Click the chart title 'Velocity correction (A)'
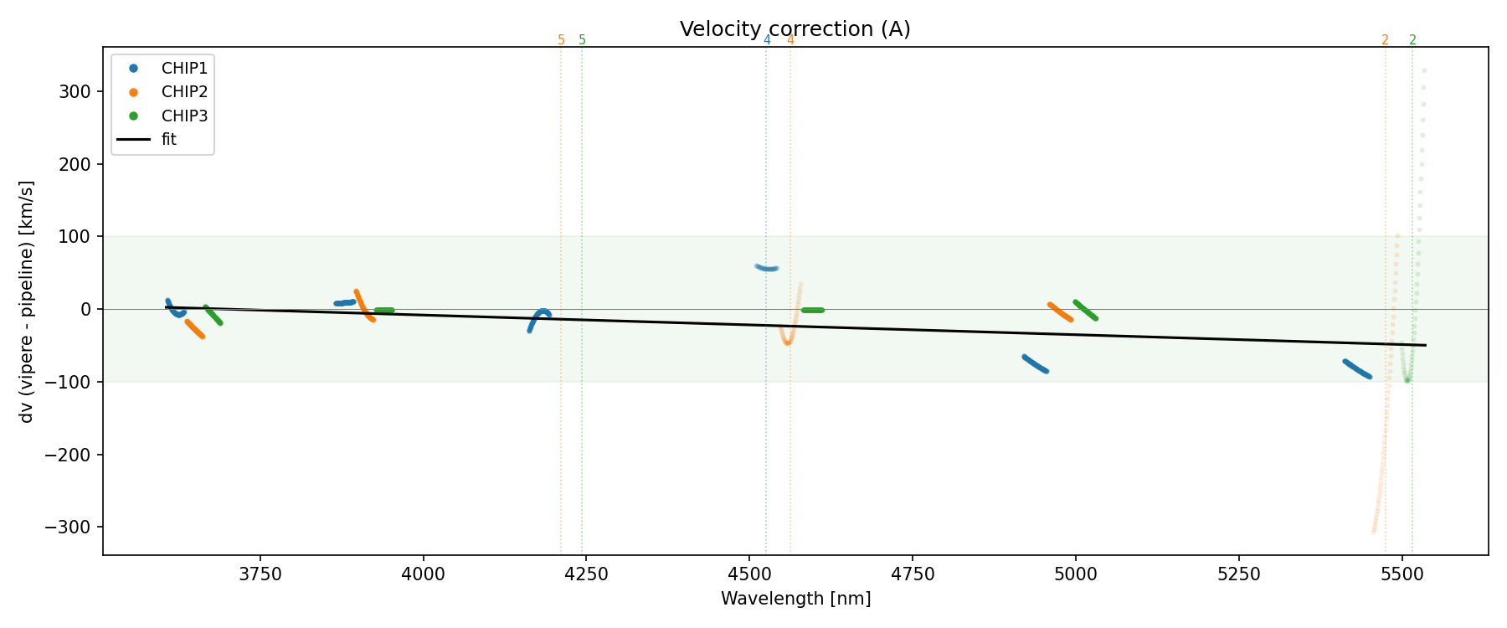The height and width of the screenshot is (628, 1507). coord(795,29)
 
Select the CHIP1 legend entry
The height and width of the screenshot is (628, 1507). coord(184,69)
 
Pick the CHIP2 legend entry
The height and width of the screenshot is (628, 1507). coord(184,92)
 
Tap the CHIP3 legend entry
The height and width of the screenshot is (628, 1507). coord(184,116)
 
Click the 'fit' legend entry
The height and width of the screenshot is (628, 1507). coord(169,140)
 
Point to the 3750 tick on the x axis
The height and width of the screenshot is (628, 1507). coord(260,574)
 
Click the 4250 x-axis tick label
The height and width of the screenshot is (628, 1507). coord(586,574)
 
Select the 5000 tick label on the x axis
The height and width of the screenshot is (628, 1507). coord(1075,574)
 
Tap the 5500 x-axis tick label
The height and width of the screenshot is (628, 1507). coord(1402,574)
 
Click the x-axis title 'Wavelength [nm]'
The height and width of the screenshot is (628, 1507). coord(795,599)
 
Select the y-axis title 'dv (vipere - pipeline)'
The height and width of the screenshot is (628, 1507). coord(27,301)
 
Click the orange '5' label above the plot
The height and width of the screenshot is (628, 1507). coord(561,40)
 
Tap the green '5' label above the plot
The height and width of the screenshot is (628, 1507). coord(583,40)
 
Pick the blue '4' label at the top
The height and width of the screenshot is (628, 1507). coord(766,40)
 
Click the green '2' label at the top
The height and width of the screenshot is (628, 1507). coord(1412,40)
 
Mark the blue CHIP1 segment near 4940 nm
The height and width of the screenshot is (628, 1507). coord(1035,363)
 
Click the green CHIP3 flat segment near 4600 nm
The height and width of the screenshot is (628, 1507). coord(812,310)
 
